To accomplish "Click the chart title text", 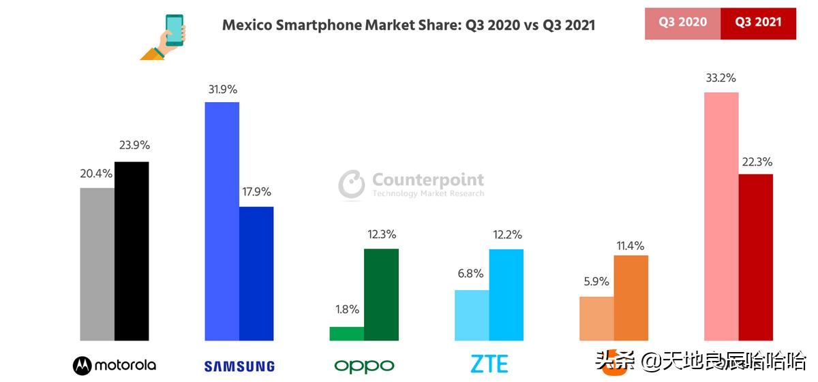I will click(408, 25).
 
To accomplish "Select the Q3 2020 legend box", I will click(682, 22).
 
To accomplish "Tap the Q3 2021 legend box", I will click(758, 22).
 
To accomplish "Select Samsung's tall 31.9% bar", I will click(222, 221).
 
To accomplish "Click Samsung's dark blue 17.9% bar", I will click(256, 273).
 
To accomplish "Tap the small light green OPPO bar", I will click(346, 333).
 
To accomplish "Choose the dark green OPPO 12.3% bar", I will click(381, 294).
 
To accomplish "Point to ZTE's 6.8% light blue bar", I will click(472, 315).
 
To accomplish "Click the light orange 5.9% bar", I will click(596, 318).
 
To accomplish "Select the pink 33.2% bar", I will click(721, 216).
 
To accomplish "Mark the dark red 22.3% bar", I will click(756, 257).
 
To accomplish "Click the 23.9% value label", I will click(134, 145).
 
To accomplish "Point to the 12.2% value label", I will click(506, 235).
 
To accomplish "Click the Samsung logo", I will click(239, 366).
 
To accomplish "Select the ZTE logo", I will click(489, 364).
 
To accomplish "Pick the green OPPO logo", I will click(364, 366).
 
